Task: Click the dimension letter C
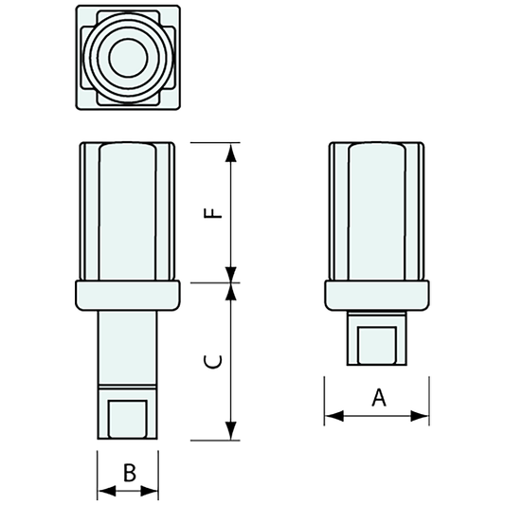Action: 216,361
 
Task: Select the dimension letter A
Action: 378,398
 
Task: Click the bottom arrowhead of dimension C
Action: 231,434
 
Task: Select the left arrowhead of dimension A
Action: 331,414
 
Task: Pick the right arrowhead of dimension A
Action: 423,414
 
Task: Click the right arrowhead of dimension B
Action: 153,491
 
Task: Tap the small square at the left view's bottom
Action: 128,417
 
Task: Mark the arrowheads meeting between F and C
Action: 231,282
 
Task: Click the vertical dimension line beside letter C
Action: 231,379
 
